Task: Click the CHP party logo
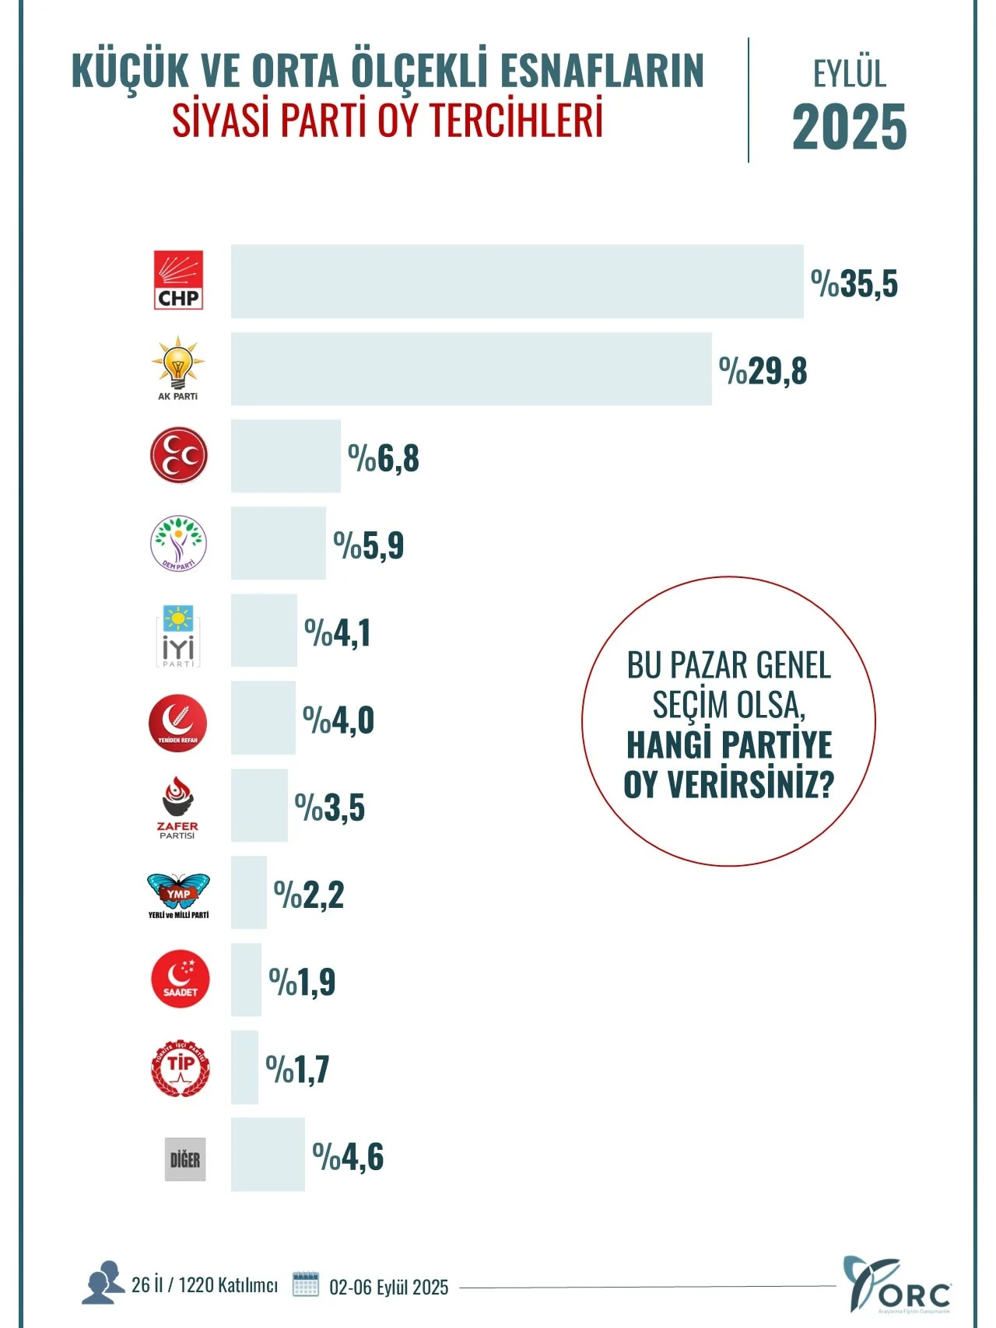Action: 178,280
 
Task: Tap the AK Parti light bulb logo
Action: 178,367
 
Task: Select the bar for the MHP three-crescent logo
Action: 286,456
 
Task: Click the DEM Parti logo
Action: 178,543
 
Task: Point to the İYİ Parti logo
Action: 178,636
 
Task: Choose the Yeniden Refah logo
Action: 178,723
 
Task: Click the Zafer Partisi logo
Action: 178,808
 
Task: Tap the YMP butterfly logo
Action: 178,895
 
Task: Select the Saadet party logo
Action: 180,979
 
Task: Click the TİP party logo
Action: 181,1067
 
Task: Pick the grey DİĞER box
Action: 185,1159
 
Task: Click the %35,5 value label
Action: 854,283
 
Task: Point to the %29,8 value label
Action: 763,371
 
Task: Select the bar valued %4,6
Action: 268,1155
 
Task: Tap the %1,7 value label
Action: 297,1069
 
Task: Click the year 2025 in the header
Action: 849,127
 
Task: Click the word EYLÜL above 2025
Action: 849,74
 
